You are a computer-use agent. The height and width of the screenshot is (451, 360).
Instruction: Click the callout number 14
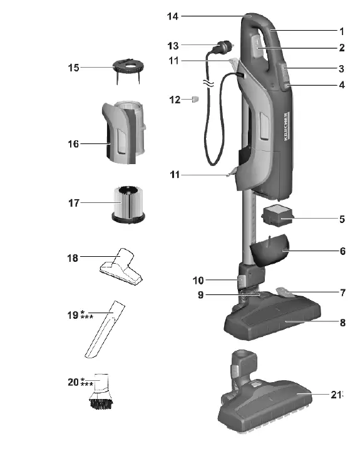click(172, 16)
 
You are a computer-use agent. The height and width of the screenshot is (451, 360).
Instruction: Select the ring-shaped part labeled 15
click(128, 66)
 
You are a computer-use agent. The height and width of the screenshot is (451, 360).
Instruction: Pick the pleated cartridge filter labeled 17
click(128, 202)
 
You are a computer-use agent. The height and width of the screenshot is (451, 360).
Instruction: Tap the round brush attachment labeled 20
click(103, 393)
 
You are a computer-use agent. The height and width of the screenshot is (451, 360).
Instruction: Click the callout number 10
click(198, 281)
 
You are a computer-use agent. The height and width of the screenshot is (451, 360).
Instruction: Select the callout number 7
click(342, 293)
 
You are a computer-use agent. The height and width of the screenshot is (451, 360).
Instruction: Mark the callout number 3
click(342, 68)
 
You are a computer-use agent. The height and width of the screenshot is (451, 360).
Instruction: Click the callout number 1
click(342, 31)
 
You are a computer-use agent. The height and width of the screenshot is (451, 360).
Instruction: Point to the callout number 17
click(73, 203)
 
